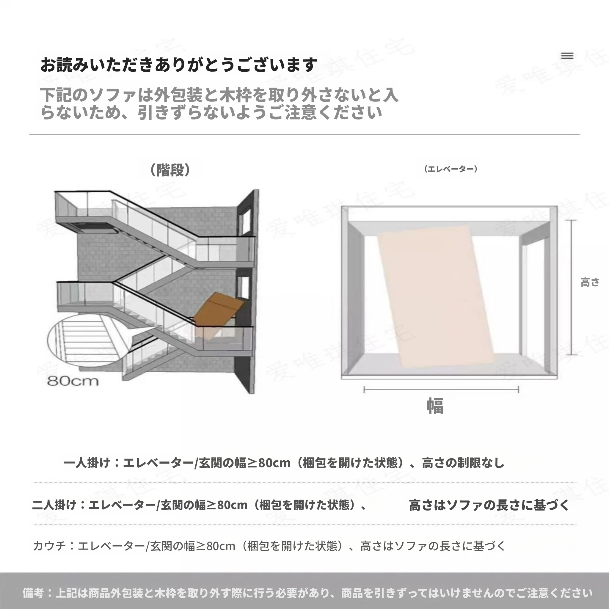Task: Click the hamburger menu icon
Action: click(567, 56)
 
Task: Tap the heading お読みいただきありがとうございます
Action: click(179, 65)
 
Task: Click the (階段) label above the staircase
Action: click(170, 170)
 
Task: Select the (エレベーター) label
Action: click(451, 169)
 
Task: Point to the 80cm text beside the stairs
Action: click(73, 381)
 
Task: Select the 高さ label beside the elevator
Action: click(590, 282)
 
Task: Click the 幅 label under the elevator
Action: click(435, 406)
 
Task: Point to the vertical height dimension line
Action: click(571, 288)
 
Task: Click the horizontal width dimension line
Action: click(441, 390)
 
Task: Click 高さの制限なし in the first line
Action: click(463, 463)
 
